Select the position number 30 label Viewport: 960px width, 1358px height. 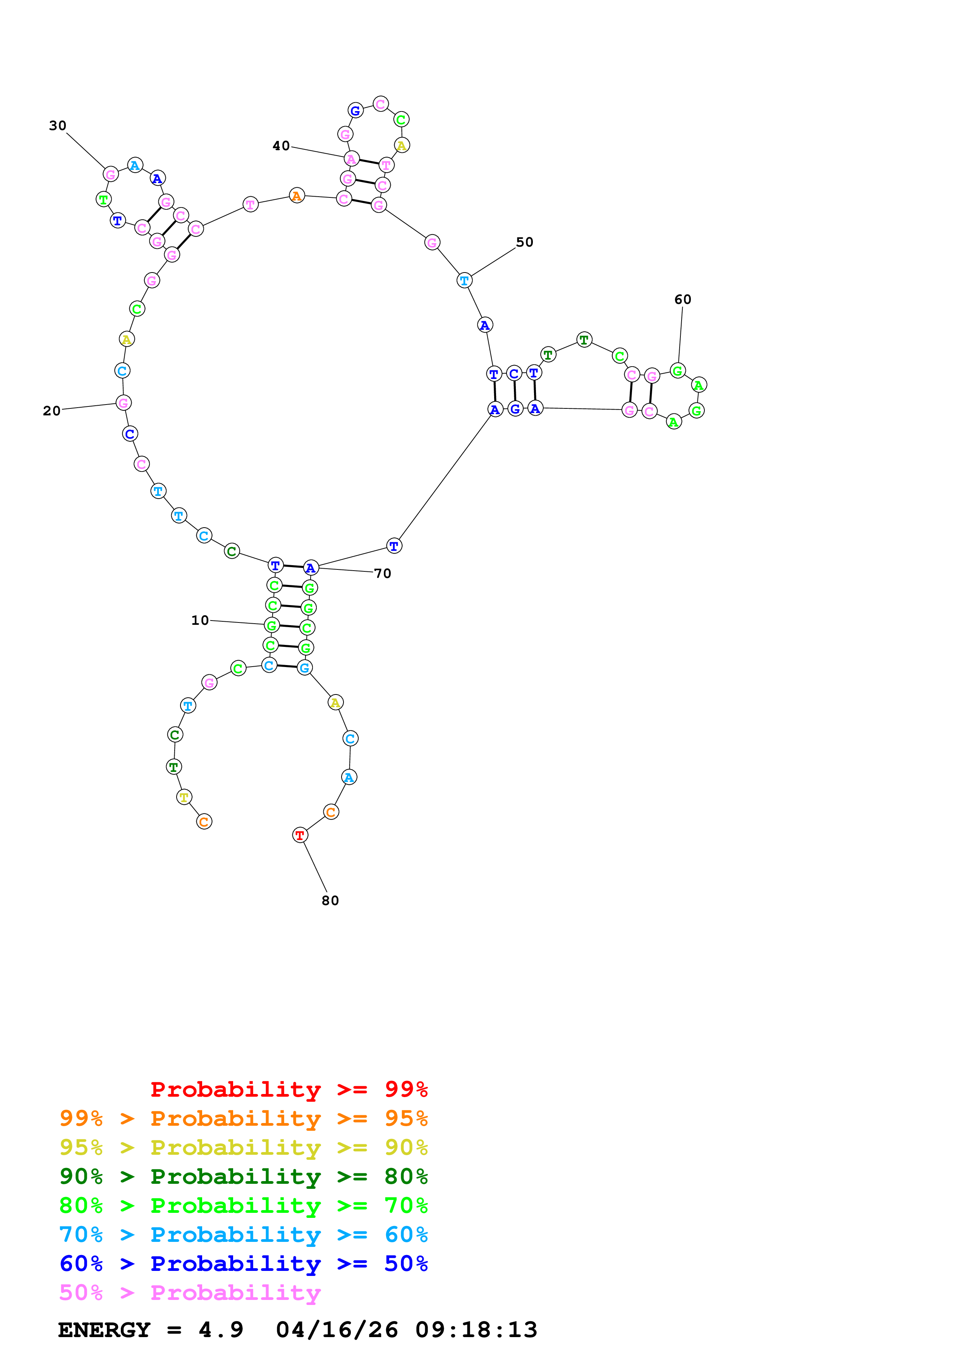tap(57, 125)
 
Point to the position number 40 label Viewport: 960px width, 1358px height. tap(281, 146)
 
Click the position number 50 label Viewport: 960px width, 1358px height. tap(524, 242)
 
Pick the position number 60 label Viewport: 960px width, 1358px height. tap(683, 299)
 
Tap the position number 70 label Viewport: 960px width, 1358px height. tap(383, 573)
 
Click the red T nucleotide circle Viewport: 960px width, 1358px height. tap(300, 835)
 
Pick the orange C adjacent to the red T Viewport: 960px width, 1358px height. tap(331, 812)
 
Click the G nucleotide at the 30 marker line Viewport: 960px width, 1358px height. tap(111, 175)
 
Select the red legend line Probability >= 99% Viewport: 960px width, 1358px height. tap(289, 1089)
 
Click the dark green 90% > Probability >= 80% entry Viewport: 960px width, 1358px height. tap(243, 1176)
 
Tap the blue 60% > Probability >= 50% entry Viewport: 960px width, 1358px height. tap(243, 1264)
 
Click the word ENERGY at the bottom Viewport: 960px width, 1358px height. tap(104, 1330)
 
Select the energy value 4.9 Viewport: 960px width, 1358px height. tap(221, 1330)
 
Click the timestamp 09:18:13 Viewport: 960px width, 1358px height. tap(476, 1330)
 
